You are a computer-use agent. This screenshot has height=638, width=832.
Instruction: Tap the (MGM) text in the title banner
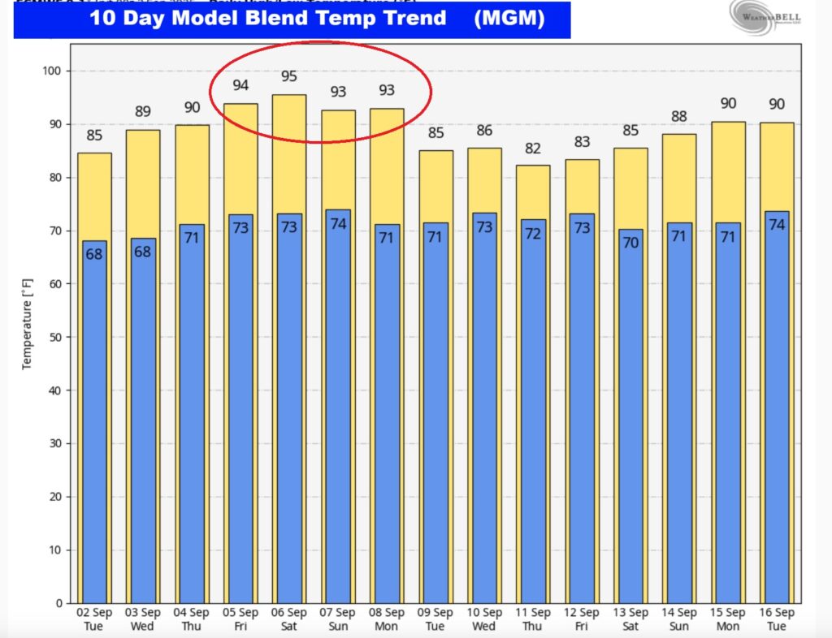[509, 18]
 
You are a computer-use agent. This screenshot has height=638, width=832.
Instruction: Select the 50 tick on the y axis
[55, 338]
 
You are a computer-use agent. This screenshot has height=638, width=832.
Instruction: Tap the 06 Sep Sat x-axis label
[289, 619]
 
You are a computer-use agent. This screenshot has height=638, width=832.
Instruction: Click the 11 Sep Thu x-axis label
[533, 619]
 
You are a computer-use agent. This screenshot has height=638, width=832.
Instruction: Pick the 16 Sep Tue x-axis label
[777, 619]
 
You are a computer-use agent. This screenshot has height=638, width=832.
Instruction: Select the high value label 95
[289, 77]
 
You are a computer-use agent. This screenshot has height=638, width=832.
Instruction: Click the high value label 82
[533, 148]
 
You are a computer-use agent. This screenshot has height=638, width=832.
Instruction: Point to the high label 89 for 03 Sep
[143, 112]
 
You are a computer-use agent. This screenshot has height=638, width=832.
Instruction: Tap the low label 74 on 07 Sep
[338, 224]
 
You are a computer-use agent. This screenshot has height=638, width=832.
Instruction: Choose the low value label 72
[533, 234]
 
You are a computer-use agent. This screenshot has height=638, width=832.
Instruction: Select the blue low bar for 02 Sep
[94, 422]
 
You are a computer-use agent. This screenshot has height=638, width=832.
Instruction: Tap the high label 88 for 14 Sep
[679, 117]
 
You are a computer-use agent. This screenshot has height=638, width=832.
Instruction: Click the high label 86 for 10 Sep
[484, 131]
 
